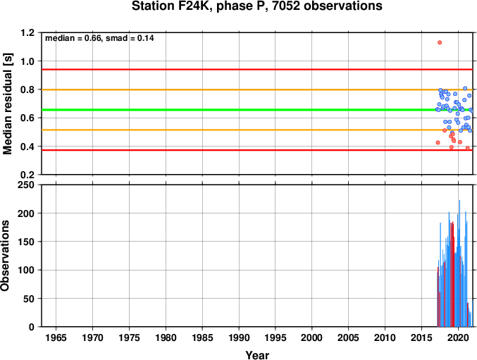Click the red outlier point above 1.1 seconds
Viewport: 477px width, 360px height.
(x=440, y=42)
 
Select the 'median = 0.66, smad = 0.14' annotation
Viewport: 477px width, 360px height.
(x=99, y=38)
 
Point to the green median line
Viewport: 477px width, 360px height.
(x=257, y=109)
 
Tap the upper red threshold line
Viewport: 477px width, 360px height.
(x=257, y=70)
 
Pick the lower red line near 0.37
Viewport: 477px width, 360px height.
(x=257, y=150)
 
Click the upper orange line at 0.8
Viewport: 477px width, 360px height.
(x=257, y=89)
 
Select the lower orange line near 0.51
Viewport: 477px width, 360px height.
(x=257, y=130)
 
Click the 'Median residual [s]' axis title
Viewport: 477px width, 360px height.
(x=8, y=104)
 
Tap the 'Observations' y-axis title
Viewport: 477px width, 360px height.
(x=5, y=256)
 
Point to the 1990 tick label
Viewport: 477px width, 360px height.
(x=239, y=337)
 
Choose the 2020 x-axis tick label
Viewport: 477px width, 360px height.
(x=458, y=337)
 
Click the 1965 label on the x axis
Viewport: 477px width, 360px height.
(x=56, y=337)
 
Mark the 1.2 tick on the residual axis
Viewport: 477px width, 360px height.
(x=27, y=32)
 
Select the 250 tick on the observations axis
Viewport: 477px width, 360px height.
(x=26, y=185)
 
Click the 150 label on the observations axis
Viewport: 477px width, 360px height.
(x=26, y=242)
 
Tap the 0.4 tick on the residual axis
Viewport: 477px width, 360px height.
(x=27, y=147)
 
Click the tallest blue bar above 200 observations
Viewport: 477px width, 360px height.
(x=459, y=263)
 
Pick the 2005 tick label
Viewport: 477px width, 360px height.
(x=348, y=337)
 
